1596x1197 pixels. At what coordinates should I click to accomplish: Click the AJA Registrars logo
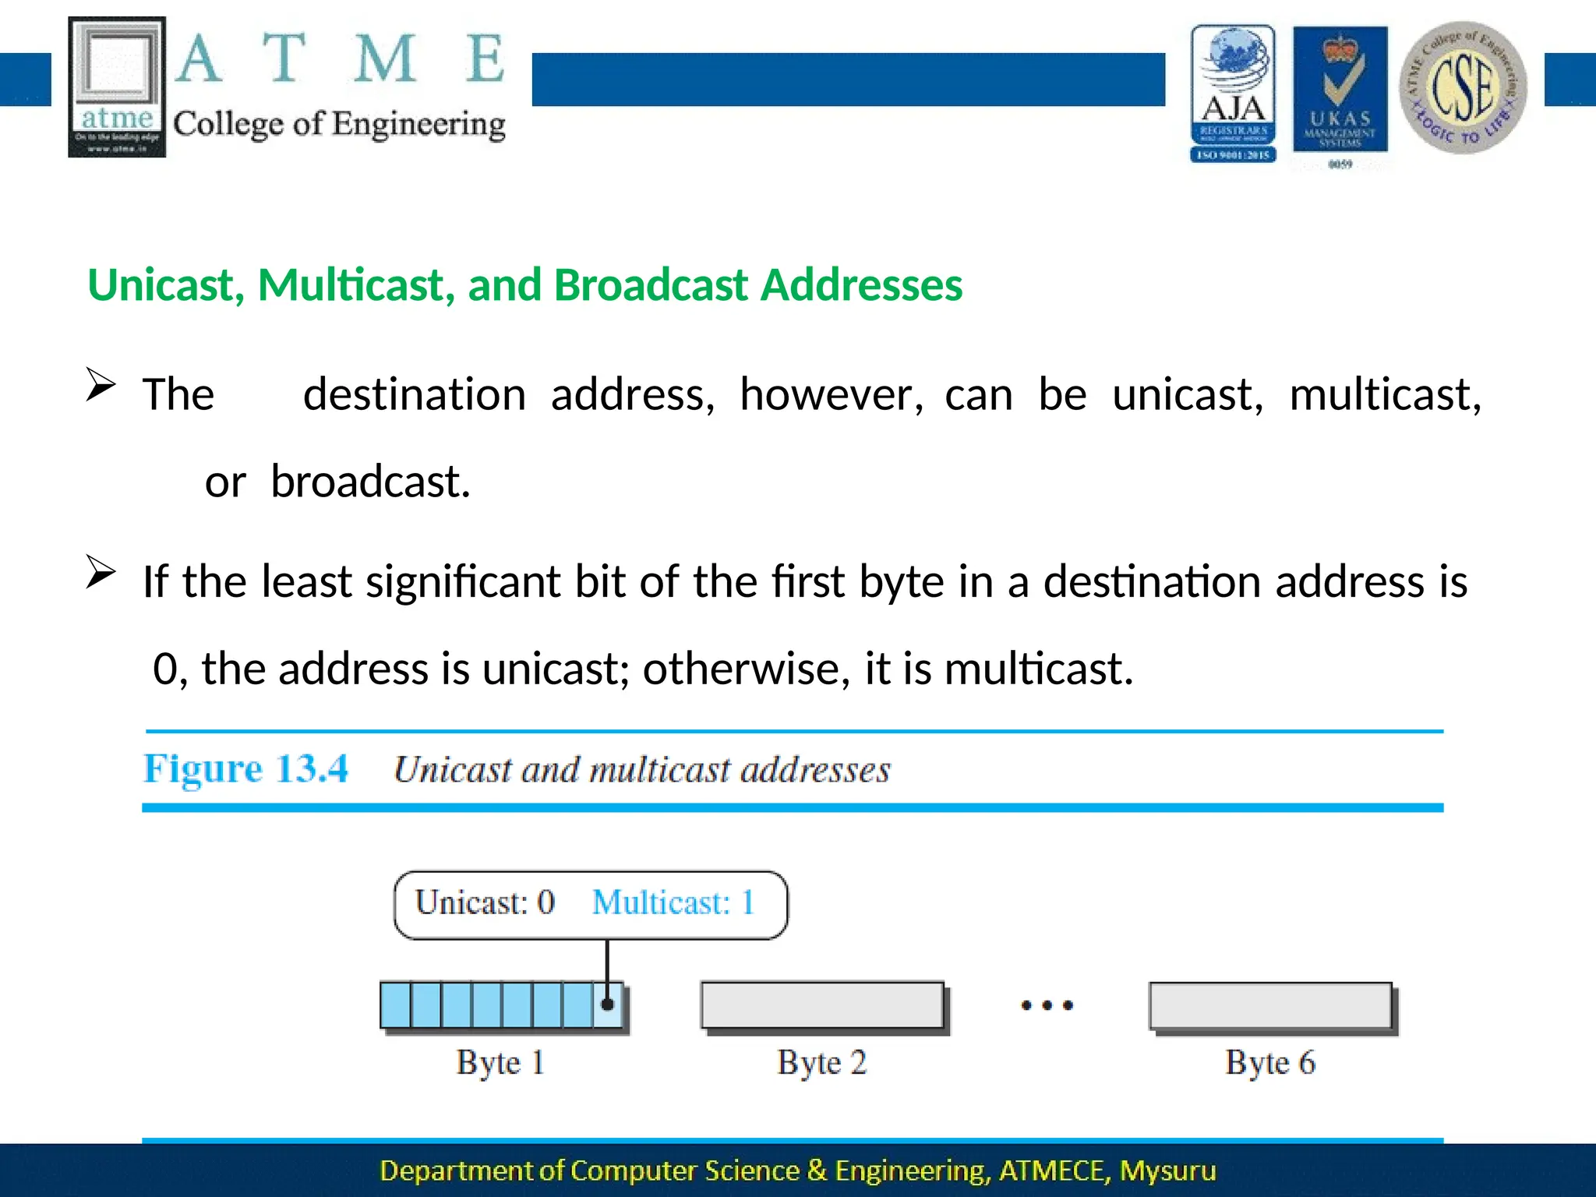click(x=1233, y=94)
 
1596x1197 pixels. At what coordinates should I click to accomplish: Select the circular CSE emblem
click(x=1463, y=87)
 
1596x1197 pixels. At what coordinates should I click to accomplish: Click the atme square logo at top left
click(x=117, y=87)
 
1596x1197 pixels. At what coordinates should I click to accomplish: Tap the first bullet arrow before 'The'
click(x=101, y=384)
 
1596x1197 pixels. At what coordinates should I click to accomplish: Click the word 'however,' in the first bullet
click(x=831, y=394)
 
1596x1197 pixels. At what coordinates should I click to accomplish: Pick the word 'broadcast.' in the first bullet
click(x=370, y=482)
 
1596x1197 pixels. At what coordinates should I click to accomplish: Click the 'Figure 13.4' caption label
click(x=245, y=769)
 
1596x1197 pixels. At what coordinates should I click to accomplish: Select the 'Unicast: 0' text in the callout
click(x=485, y=903)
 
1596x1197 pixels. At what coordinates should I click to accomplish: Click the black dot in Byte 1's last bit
click(x=608, y=1005)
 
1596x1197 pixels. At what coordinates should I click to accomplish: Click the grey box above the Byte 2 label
click(x=822, y=1005)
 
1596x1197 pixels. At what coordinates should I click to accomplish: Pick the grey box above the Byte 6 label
click(x=1270, y=1005)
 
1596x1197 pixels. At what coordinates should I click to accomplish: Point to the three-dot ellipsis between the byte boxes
click(x=1047, y=1005)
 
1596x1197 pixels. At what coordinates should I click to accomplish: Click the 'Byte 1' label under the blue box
click(x=500, y=1063)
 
